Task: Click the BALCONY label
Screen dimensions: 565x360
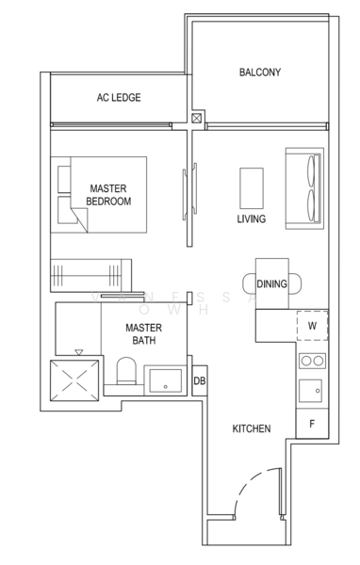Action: [259, 73]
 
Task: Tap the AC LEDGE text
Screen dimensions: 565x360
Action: [120, 97]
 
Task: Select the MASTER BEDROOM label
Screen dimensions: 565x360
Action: [108, 195]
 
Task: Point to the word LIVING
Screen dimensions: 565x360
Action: [252, 219]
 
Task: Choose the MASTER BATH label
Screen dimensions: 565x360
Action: [145, 333]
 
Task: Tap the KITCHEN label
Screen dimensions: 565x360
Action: [252, 428]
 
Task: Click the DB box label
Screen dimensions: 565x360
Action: [199, 381]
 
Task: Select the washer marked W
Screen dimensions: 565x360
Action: [312, 327]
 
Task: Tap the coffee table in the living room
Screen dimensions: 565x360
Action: [252, 187]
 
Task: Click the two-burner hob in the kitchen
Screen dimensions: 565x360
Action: [312, 361]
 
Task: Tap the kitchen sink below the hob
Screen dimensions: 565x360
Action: [312, 390]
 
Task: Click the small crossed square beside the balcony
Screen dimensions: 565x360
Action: [196, 120]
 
